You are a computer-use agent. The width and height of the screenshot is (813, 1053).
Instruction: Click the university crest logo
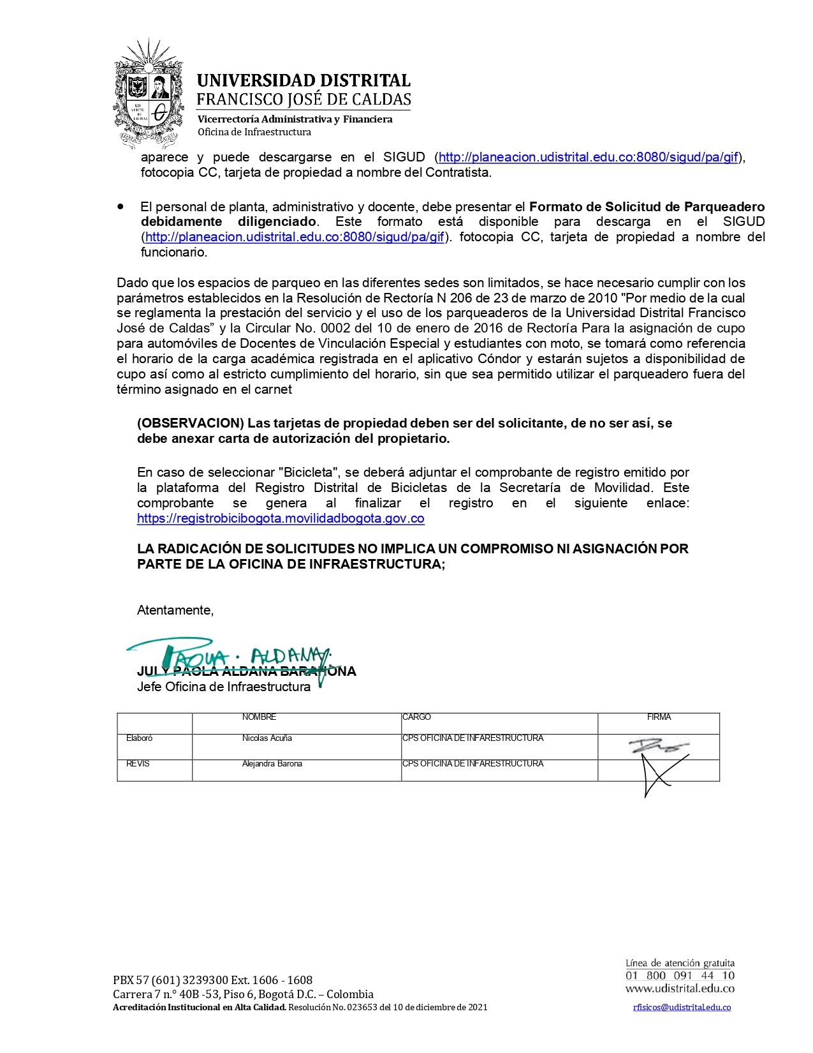[149, 93]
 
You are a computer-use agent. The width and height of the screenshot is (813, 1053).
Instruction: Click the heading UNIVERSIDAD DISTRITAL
[304, 80]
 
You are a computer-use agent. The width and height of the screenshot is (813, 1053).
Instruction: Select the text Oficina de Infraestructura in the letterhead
[254, 132]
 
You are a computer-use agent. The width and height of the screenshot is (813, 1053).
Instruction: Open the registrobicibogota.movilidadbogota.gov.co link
[281, 518]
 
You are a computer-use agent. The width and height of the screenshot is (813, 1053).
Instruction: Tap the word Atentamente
[175, 610]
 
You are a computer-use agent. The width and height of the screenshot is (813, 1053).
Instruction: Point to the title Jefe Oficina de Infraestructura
[224, 687]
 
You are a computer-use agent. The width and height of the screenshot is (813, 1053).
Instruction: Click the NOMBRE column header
[259, 717]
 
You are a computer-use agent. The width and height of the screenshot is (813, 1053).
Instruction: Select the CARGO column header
[417, 717]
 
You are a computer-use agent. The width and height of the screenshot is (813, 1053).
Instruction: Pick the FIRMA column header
[659, 717]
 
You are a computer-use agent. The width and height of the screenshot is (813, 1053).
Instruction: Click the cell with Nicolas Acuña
[267, 738]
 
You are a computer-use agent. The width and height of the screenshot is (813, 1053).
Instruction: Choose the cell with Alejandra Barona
[272, 764]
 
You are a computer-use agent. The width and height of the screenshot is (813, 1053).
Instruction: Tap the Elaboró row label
[140, 738]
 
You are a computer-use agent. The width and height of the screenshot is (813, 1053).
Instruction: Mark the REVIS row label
[138, 764]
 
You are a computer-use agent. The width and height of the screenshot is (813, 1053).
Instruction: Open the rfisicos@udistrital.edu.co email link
[682, 1008]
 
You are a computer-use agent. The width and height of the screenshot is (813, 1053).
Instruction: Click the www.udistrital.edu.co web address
[680, 989]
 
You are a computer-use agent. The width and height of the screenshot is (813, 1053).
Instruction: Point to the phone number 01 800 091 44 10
[680, 976]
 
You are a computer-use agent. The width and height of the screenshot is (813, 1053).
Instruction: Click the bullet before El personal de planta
[121, 207]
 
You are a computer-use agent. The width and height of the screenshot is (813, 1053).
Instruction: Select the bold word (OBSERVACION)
[191, 423]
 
